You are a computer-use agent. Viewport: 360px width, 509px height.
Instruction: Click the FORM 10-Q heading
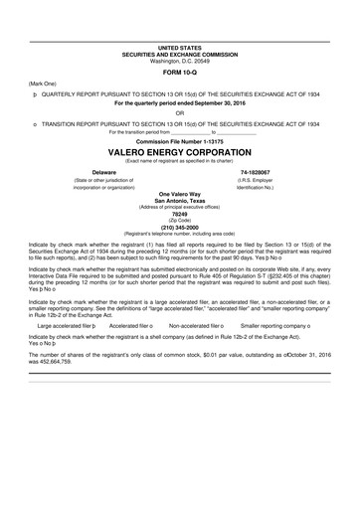[180, 72]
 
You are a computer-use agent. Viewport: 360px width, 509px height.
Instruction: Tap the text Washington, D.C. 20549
[180, 60]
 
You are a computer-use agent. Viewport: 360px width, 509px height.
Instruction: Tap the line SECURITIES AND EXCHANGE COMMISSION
[180, 54]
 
